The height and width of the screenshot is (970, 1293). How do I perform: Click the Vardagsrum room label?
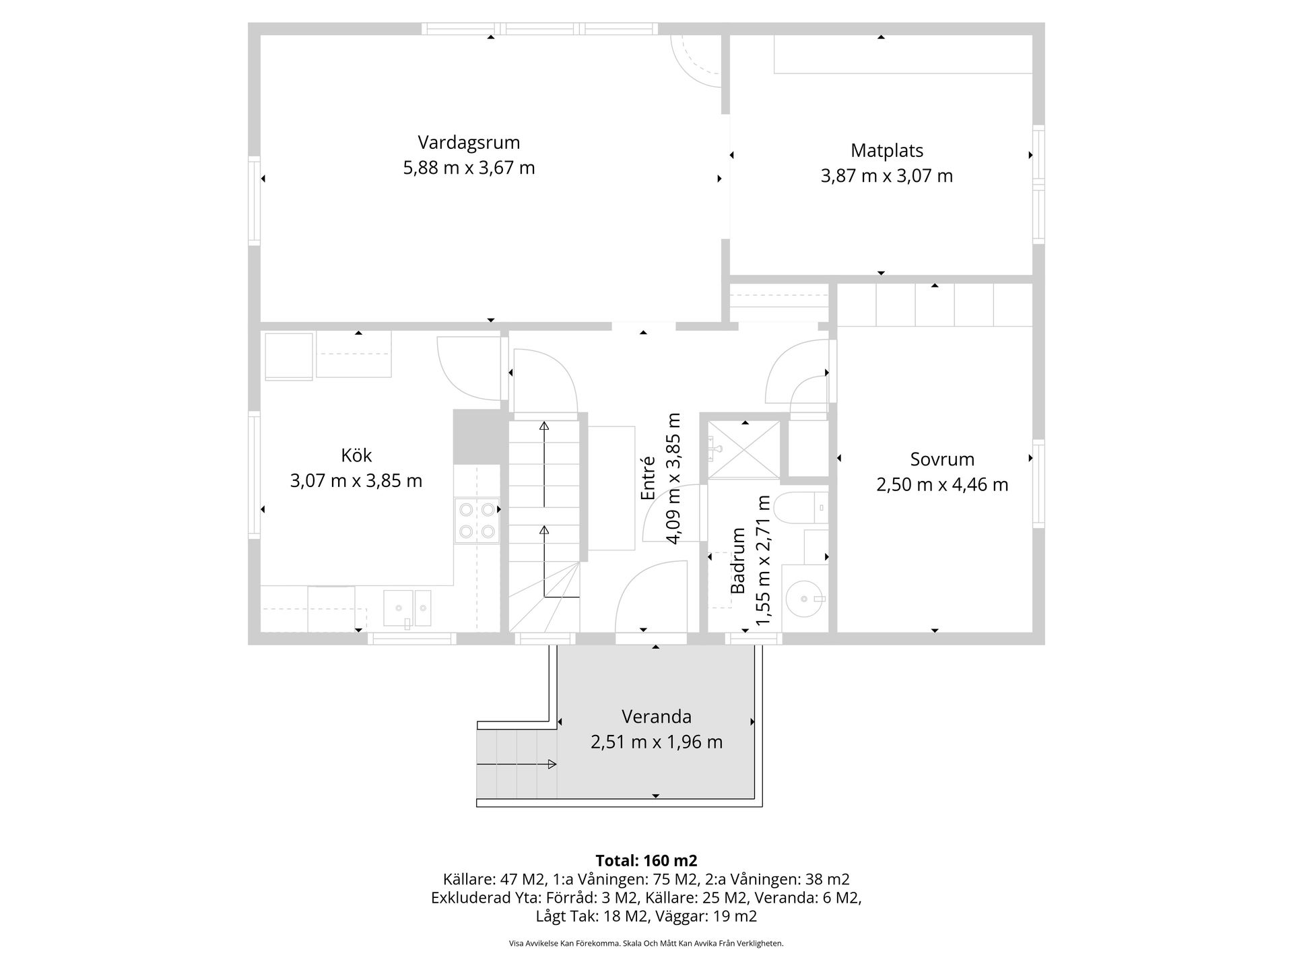click(469, 143)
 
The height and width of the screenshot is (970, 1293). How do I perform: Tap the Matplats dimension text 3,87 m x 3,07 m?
click(886, 176)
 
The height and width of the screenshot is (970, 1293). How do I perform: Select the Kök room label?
click(356, 455)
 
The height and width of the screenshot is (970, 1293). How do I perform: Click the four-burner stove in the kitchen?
click(477, 520)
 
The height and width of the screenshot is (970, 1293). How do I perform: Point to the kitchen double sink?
click(407, 608)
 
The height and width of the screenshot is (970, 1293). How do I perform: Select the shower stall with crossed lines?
click(744, 450)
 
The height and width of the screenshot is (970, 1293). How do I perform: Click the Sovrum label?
click(942, 459)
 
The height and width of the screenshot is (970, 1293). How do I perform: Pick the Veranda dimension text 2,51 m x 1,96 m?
click(656, 742)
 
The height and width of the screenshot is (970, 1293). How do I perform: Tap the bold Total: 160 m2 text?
click(646, 860)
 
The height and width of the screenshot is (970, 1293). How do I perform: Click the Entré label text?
click(648, 478)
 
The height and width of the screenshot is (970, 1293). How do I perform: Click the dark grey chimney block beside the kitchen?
click(479, 437)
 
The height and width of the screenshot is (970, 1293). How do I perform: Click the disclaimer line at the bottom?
click(646, 944)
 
